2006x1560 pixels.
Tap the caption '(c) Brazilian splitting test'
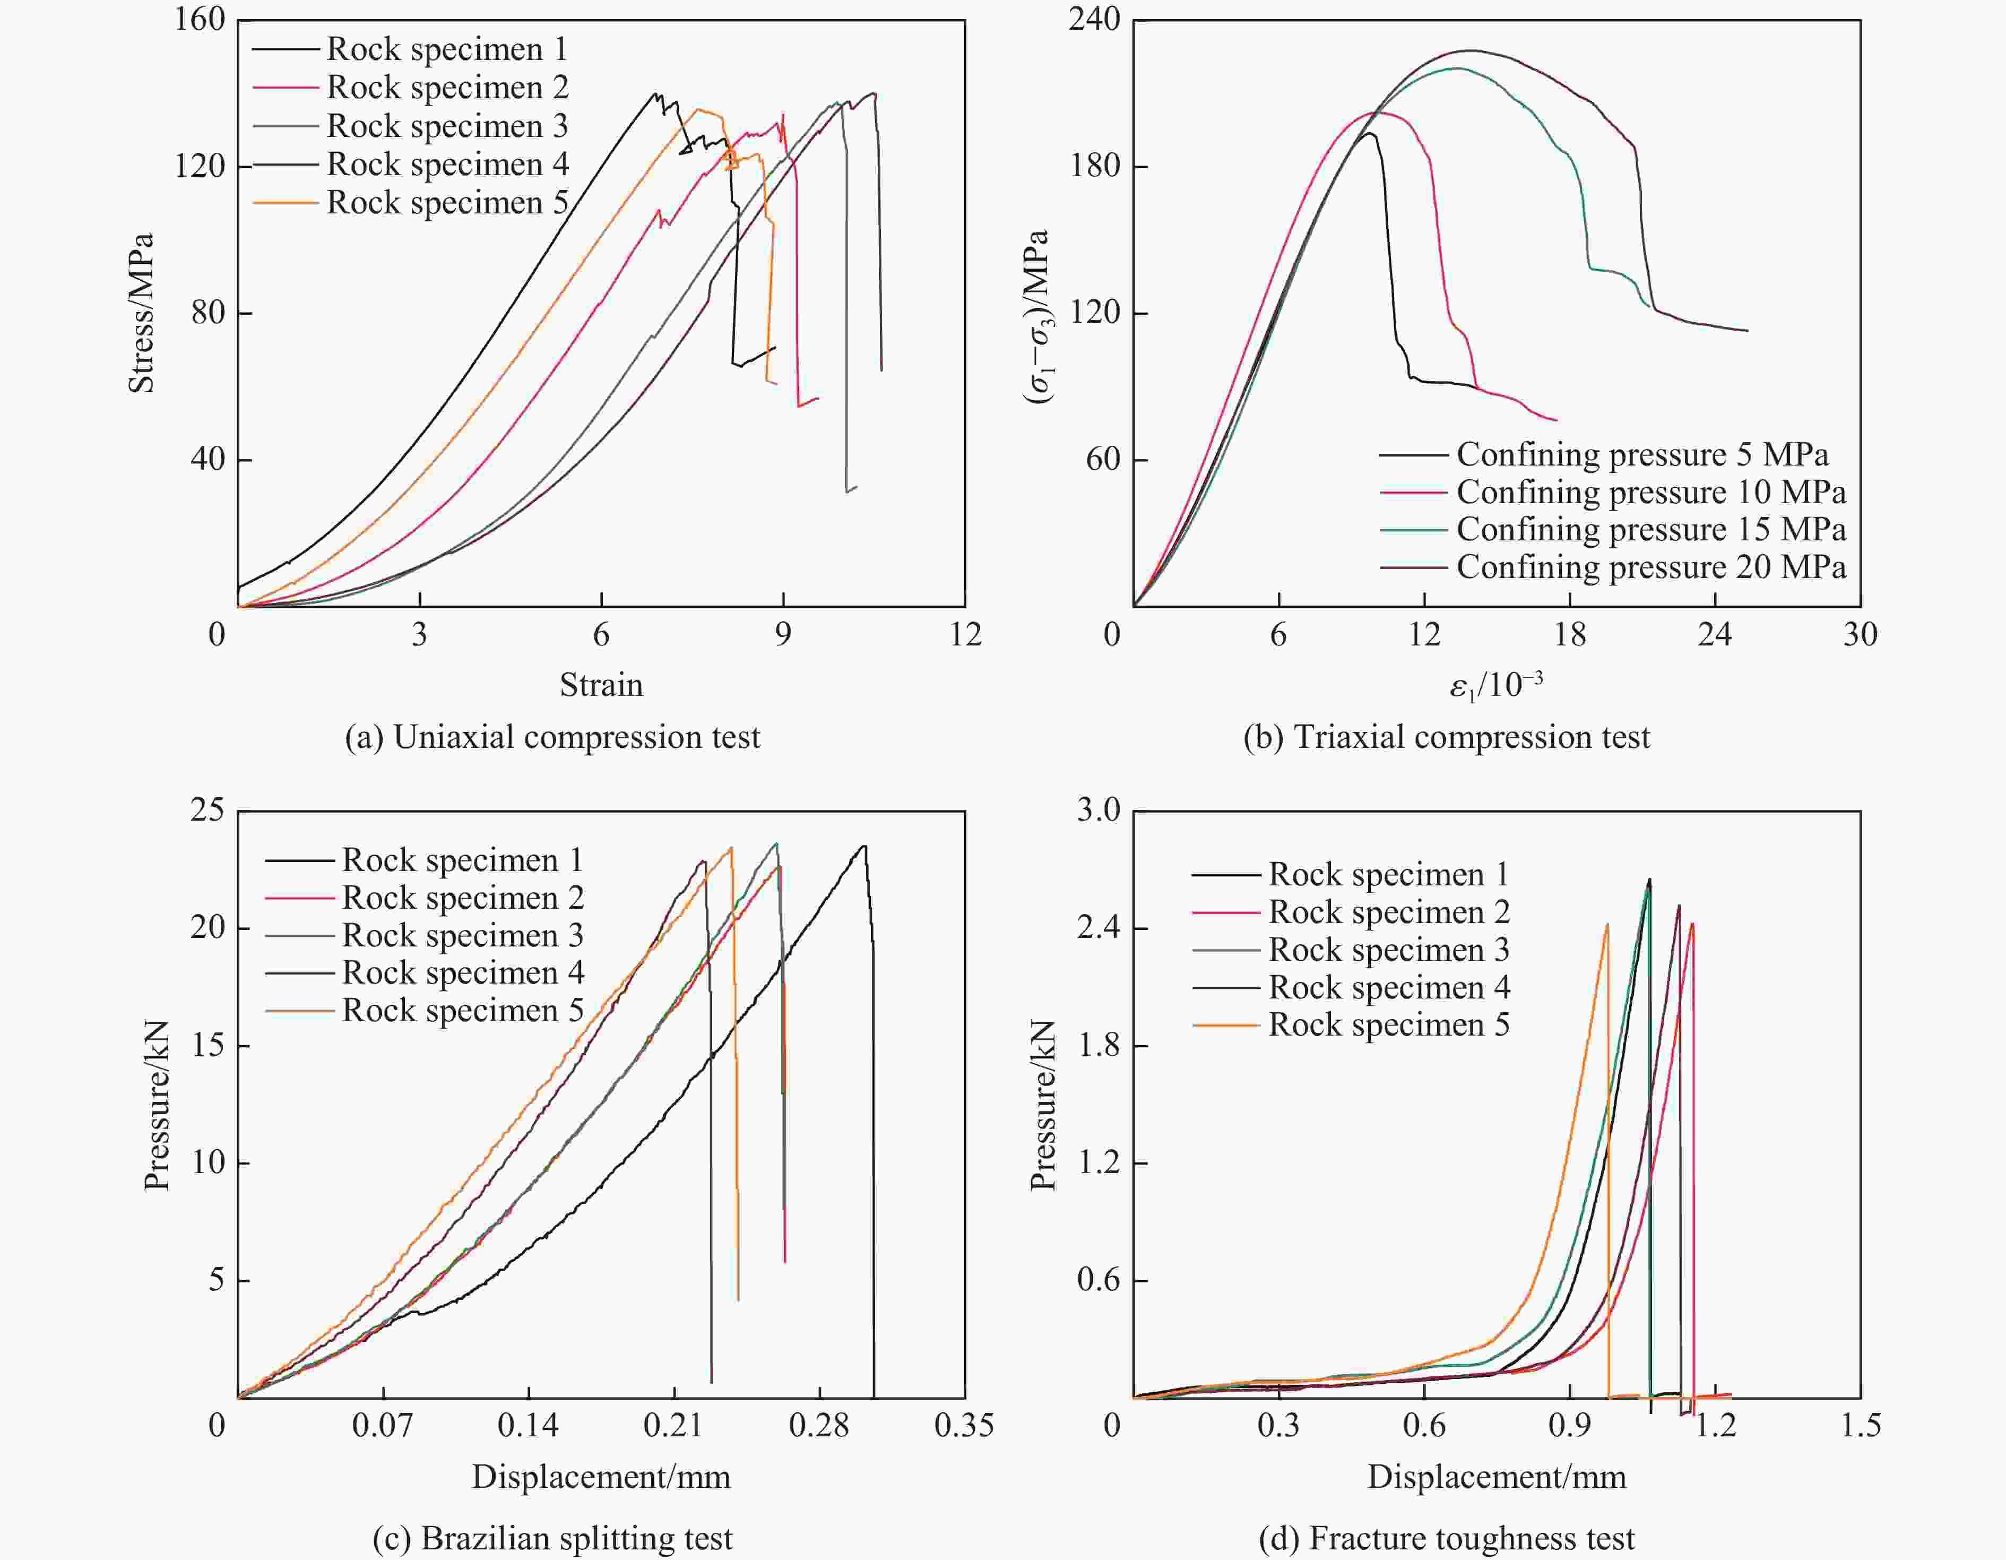click(552, 1538)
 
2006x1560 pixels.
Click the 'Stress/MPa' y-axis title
click(141, 313)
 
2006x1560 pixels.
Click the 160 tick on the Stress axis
click(200, 19)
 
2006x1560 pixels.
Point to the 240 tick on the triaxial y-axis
click(1095, 19)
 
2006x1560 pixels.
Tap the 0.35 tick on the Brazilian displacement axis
click(964, 1425)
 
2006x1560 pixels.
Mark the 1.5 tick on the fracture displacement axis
click(1860, 1425)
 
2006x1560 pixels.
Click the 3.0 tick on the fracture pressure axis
click(1099, 811)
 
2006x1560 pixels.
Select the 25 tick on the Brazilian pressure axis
click(207, 811)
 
